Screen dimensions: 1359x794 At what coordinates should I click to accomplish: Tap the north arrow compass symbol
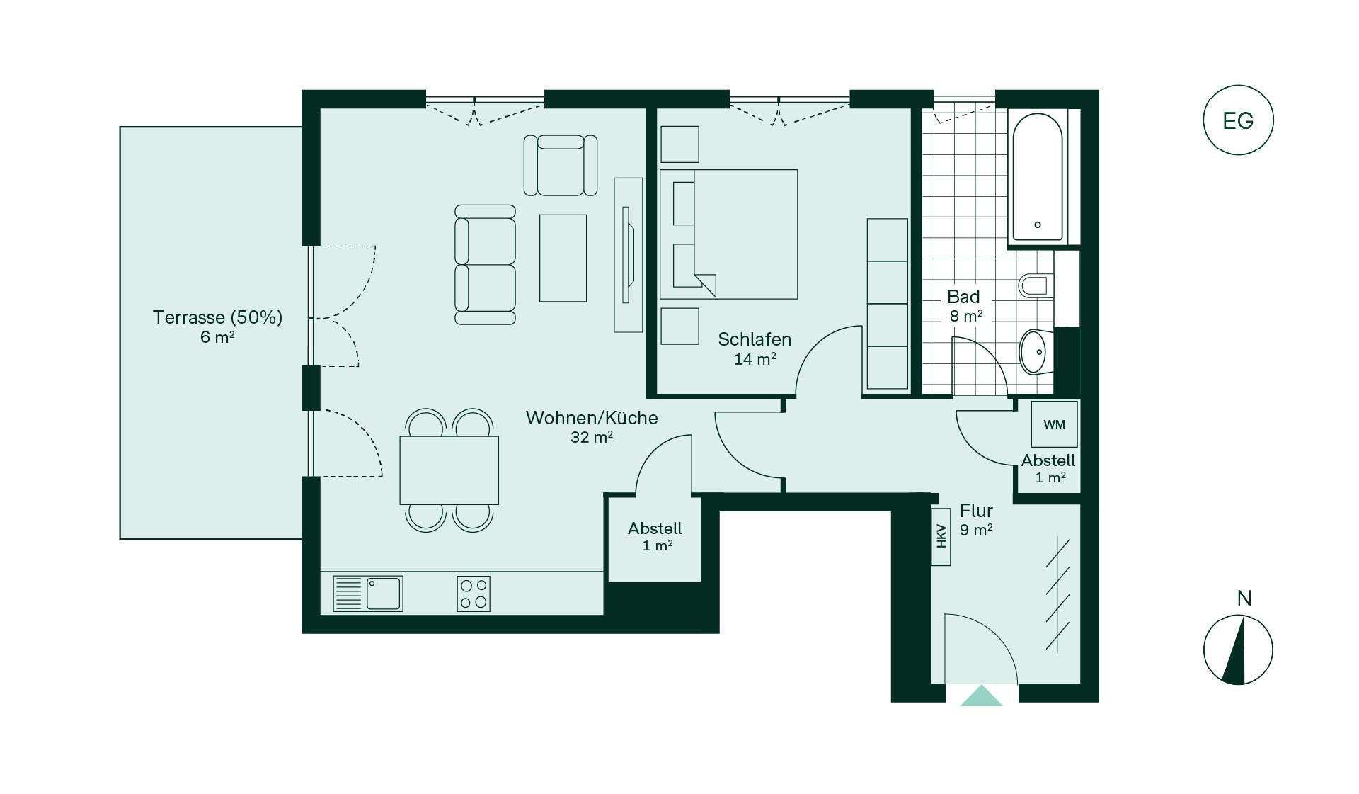tap(1238, 650)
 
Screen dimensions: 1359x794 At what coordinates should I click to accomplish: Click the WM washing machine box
tap(1054, 424)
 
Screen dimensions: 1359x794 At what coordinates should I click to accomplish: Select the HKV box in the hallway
tap(941, 536)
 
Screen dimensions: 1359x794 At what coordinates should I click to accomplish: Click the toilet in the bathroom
tap(1034, 285)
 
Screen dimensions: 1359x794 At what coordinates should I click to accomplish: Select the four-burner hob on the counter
tap(474, 594)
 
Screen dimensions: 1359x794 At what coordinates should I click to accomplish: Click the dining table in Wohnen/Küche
tap(449, 470)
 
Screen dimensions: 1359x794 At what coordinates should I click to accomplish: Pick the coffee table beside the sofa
tap(563, 258)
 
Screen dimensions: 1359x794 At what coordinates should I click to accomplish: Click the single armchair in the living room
tap(561, 165)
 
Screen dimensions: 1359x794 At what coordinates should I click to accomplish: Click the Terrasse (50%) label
tap(217, 317)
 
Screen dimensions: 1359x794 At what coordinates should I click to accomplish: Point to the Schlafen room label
tap(755, 339)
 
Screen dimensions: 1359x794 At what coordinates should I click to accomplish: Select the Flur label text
tap(976, 511)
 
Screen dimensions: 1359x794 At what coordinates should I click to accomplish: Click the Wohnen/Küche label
tap(592, 418)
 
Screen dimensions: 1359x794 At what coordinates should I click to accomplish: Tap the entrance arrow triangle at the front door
tap(981, 696)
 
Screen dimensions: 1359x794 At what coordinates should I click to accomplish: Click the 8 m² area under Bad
tap(966, 316)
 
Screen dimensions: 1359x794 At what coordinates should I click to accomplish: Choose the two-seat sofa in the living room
tap(485, 265)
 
